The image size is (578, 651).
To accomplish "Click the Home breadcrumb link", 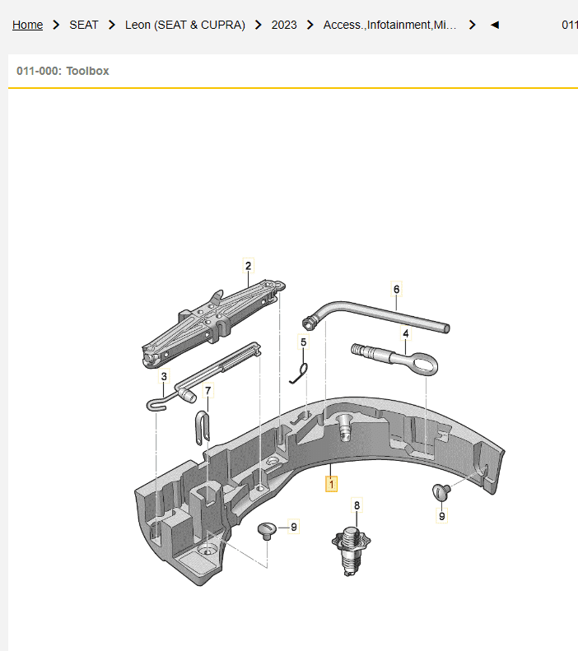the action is click(27, 25).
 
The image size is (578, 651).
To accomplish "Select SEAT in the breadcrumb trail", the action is click(84, 25).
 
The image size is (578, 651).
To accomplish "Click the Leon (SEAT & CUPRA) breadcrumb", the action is click(185, 25).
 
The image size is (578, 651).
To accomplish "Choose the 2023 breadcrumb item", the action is click(284, 25).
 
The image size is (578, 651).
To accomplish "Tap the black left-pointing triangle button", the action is click(495, 25).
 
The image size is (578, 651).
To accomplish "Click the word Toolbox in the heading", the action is click(87, 71).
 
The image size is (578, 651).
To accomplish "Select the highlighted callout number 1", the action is click(331, 484).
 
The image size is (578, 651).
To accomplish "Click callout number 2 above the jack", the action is click(249, 266).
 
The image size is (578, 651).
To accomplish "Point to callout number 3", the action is click(164, 377).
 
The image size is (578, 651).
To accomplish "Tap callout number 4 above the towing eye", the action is click(406, 334).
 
